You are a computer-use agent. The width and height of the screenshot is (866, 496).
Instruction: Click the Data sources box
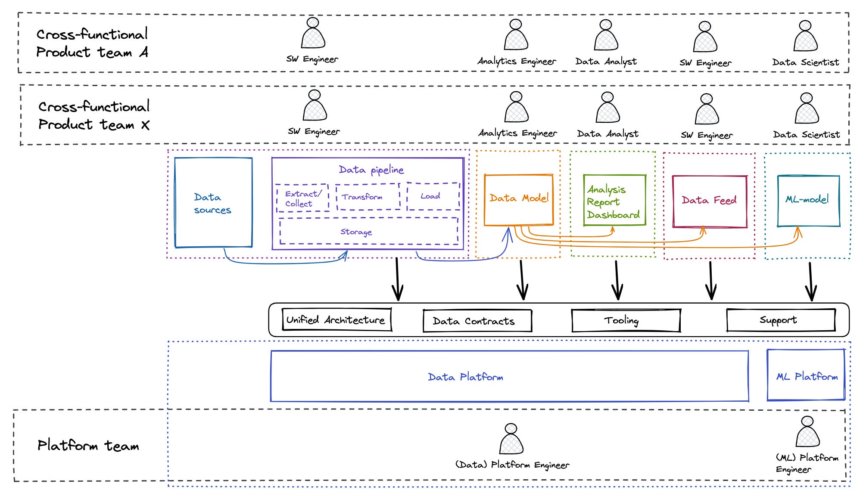click(213, 203)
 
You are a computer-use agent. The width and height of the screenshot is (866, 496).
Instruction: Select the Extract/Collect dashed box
click(302, 198)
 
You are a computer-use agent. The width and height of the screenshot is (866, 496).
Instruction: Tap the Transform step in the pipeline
click(368, 197)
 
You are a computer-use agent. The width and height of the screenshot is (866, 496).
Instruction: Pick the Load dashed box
click(433, 196)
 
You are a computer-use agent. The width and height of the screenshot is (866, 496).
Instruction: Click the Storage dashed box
click(368, 232)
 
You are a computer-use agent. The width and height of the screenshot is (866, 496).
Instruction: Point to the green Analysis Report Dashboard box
click(614, 201)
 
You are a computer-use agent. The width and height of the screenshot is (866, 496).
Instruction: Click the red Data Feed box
click(710, 201)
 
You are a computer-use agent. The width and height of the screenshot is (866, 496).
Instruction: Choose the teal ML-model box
click(808, 200)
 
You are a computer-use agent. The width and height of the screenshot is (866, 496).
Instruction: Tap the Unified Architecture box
click(336, 320)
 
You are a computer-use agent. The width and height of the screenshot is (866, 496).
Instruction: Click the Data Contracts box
click(477, 321)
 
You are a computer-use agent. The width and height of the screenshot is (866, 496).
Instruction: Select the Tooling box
click(626, 321)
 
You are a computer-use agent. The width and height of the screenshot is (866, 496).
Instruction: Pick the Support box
click(780, 320)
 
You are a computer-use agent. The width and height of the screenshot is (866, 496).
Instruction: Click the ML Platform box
click(806, 375)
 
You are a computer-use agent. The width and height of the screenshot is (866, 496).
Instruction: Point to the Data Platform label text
click(465, 377)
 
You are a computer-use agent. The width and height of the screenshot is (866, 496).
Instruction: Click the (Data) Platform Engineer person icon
click(511, 439)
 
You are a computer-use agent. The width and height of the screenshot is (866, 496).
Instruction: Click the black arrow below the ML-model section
click(811, 282)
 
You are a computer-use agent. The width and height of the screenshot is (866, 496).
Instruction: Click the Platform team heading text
click(88, 445)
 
